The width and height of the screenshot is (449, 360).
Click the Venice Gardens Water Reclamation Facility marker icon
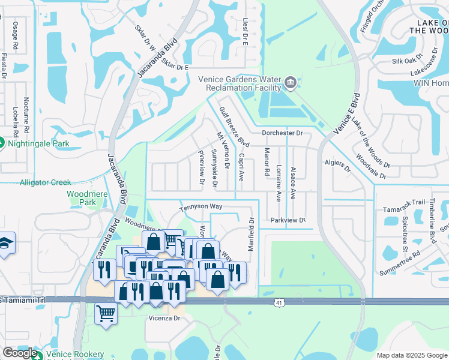click(291, 82)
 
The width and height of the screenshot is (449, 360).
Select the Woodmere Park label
click(82, 198)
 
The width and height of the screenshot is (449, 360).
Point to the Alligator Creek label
click(45, 182)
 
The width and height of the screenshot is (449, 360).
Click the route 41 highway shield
click(279, 304)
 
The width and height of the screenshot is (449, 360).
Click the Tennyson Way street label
click(201, 207)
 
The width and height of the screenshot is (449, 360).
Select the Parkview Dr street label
click(288, 220)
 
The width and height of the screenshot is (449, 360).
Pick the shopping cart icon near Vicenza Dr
click(106, 313)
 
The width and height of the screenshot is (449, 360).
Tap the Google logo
click(20, 352)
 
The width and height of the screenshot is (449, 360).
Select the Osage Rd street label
click(15, 35)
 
